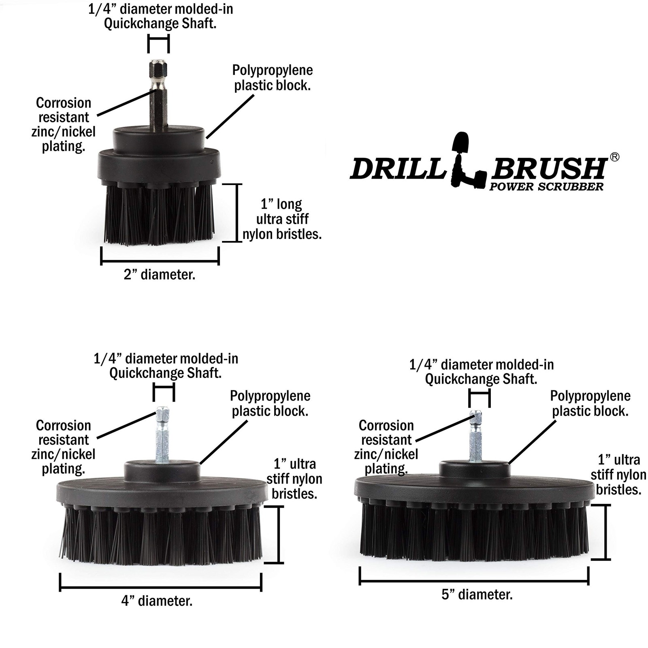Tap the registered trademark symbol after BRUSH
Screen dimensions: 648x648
click(x=614, y=157)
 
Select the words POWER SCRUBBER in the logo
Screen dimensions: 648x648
click(x=546, y=187)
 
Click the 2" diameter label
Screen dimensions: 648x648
click(x=160, y=275)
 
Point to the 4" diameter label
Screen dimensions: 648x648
click(x=157, y=601)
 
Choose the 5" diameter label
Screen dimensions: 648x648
click(x=477, y=595)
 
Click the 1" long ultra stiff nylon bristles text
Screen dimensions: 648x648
click(x=282, y=219)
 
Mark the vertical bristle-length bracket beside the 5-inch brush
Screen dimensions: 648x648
click(x=605, y=532)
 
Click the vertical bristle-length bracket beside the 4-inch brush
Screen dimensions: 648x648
click(x=279, y=534)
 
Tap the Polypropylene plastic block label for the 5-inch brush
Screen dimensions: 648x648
click(x=590, y=403)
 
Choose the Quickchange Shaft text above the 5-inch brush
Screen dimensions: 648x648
click(x=481, y=379)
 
